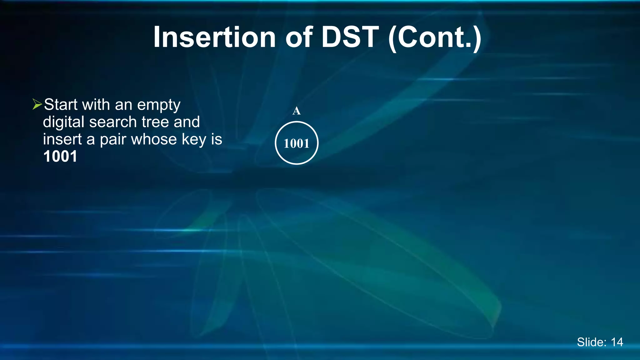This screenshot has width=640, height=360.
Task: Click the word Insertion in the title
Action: pos(214,37)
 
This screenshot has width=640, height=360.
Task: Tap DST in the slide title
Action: pos(350,37)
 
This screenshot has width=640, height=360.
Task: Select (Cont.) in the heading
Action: pos(435,38)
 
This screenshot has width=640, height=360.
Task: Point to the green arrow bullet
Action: pos(37,104)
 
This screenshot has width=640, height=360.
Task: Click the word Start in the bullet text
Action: pos(61,104)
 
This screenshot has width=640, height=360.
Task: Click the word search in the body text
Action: pos(113,122)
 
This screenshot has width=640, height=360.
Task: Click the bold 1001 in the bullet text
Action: pos(60,157)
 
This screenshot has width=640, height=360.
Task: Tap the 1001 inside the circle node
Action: pos(296,143)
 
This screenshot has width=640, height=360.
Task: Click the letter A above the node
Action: pos(296,111)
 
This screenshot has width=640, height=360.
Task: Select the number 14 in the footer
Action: pos(617,342)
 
